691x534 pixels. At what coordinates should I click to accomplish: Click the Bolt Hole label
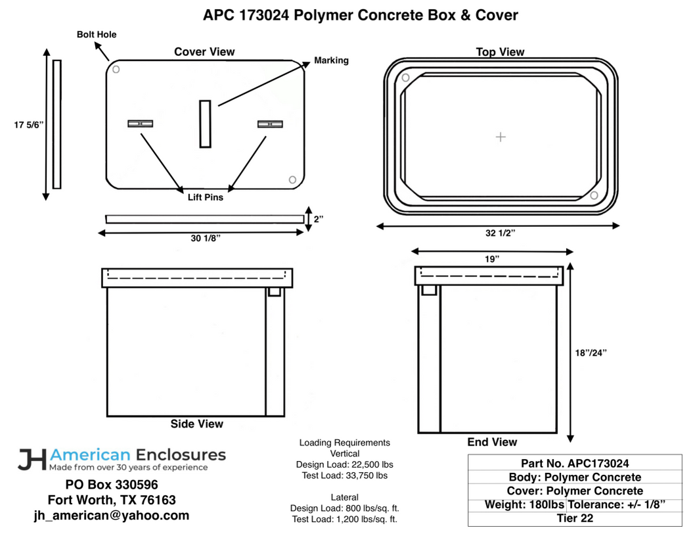coord(96,34)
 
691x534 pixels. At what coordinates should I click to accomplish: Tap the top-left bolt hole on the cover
coord(116,69)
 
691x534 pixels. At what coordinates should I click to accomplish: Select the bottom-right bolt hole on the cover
coord(293,180)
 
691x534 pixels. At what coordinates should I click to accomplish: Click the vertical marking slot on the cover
coord(205,124)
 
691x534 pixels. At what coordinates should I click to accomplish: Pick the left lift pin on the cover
coord(140,124)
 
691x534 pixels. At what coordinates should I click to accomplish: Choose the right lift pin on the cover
coord(269,124)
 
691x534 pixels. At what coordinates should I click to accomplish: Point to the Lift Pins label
coord(205,197)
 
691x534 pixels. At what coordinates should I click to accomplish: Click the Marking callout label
coord(331,61)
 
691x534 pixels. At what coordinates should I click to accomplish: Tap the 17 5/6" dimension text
coord(28,124)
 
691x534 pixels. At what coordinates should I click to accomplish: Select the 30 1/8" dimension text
coord(206,238)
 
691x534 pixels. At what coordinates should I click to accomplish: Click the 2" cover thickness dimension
coord(319,219)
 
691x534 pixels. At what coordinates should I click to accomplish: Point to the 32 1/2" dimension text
coord(500,233)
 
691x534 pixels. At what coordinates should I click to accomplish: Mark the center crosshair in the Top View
coord(501,137)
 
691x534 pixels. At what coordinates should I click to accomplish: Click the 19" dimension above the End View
coord(492,259)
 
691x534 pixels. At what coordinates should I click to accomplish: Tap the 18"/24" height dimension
coord(591,352)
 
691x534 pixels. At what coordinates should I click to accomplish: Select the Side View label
coord(196,424)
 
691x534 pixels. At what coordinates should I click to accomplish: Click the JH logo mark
coord(32,459)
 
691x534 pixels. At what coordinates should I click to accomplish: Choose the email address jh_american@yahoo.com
coord(112,516)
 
